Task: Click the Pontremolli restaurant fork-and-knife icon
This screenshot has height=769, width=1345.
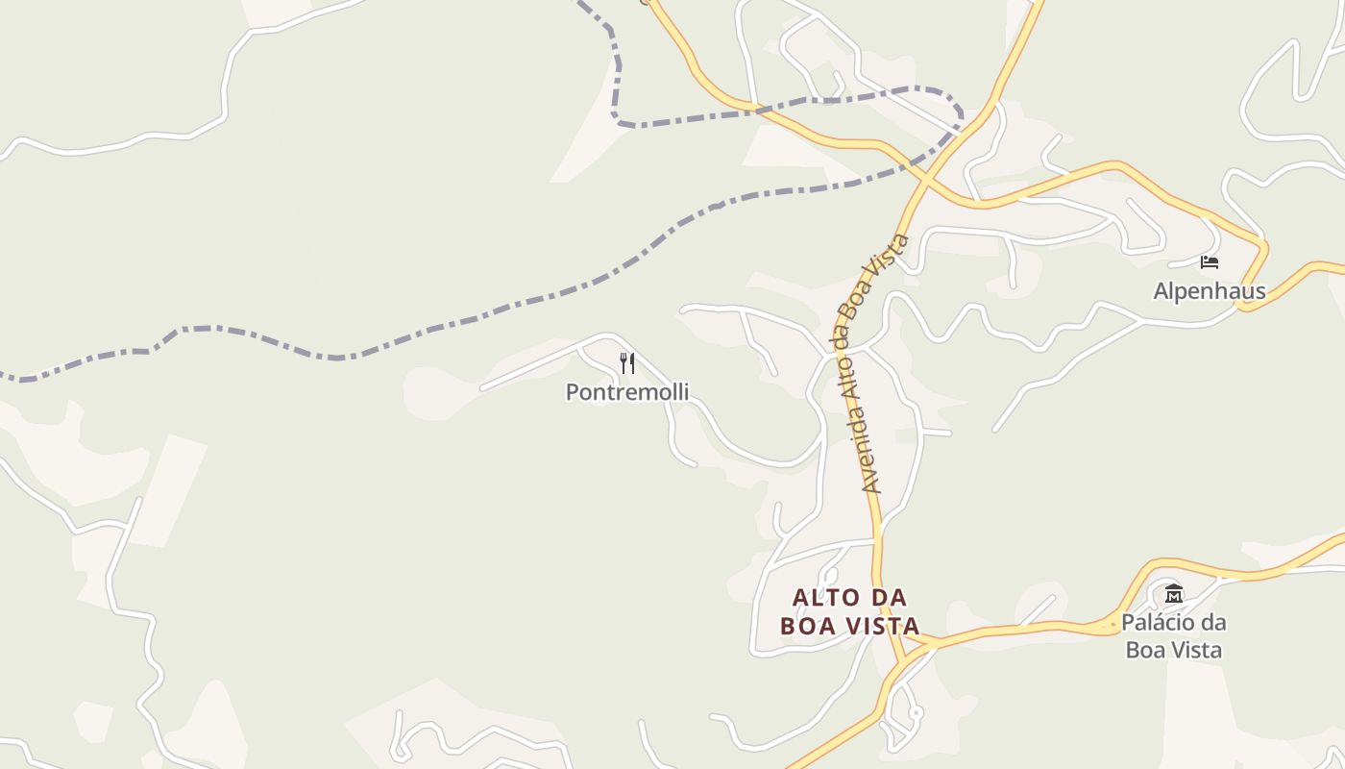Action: point(627,363)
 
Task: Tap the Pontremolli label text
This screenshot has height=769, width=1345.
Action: point(627,392)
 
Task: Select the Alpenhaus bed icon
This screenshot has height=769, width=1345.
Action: point(1210,261)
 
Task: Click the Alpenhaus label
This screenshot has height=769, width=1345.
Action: point(1210,291)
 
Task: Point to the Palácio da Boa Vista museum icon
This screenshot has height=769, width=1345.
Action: point(1173,593)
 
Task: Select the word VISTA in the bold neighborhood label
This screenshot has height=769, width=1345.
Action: point(884,626)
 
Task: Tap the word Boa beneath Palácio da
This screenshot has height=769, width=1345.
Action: point(1145,651)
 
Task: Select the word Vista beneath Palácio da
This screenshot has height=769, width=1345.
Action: point(1197,651)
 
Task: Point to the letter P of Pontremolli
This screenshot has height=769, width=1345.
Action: point(573,392)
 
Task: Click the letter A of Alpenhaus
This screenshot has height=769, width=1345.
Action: point(1161,291)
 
